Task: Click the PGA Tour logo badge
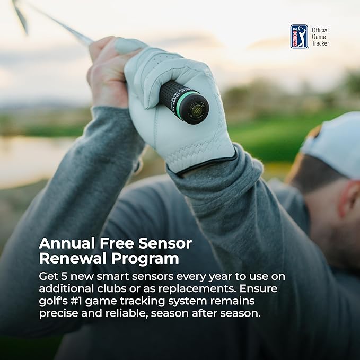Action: coord(298,36)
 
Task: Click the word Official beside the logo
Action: coord(320,30)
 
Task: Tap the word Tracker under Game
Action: coord(320,43)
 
